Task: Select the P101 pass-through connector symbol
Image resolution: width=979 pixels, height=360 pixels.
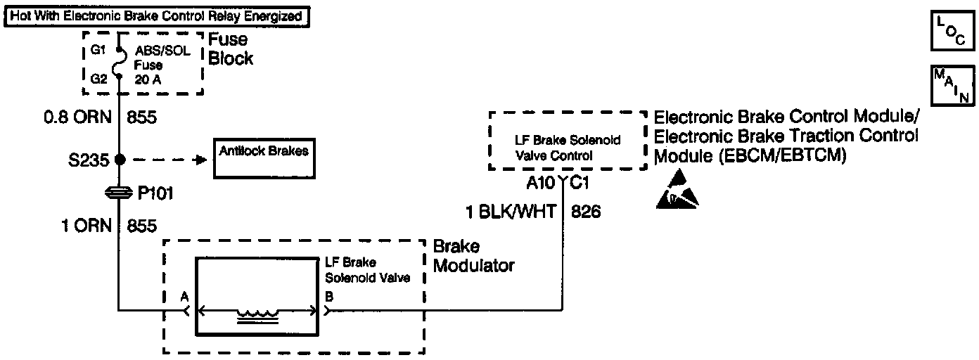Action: pos(119,191)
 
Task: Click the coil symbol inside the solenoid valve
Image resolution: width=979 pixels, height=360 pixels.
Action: pos(257,316)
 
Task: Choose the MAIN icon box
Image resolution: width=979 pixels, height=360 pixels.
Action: pos(952,85)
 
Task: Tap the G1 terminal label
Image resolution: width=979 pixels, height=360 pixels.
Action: pos(98,50)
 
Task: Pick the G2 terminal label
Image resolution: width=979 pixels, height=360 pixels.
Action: pos(98,79)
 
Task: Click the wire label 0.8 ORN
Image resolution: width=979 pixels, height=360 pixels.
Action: pos(77,117)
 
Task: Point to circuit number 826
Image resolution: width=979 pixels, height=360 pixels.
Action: pos(587,212)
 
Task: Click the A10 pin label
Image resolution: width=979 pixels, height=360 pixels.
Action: pos(541,184)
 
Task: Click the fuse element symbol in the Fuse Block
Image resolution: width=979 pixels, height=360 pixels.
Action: pos(119,64)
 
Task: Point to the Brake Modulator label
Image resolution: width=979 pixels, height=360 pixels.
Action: pos(473,256)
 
